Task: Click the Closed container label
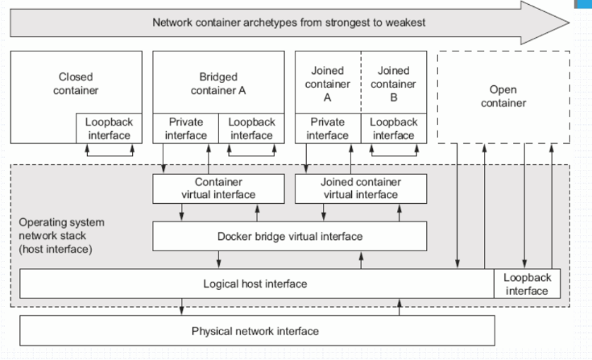76,84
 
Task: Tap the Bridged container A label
218,84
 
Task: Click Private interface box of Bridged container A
185,128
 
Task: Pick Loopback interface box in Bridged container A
251,128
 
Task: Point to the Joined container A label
327,84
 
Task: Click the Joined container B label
394,84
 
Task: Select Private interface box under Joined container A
327,128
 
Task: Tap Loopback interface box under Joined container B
394,128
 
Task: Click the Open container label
503,96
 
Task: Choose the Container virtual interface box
218,188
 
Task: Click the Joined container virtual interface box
360,188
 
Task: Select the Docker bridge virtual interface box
290,237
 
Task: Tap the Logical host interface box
255,283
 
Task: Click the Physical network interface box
255,331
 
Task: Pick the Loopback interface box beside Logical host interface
527,283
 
